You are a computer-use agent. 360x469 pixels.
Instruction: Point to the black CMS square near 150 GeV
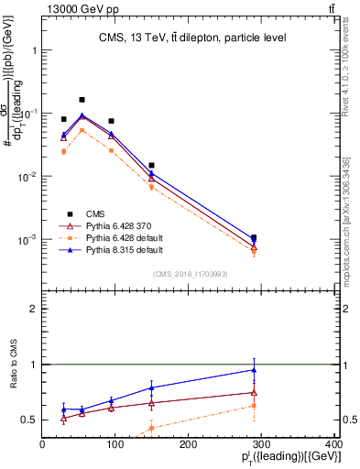point(151,165)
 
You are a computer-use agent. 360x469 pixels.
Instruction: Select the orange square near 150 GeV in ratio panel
point(151,428)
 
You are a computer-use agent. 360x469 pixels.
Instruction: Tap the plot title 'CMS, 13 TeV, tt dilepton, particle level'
point(179,38)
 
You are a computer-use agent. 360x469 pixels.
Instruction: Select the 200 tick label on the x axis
point(188,446)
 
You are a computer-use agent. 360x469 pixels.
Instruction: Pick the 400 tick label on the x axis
point(333,446)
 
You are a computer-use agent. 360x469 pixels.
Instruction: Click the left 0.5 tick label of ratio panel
point(29,420)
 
